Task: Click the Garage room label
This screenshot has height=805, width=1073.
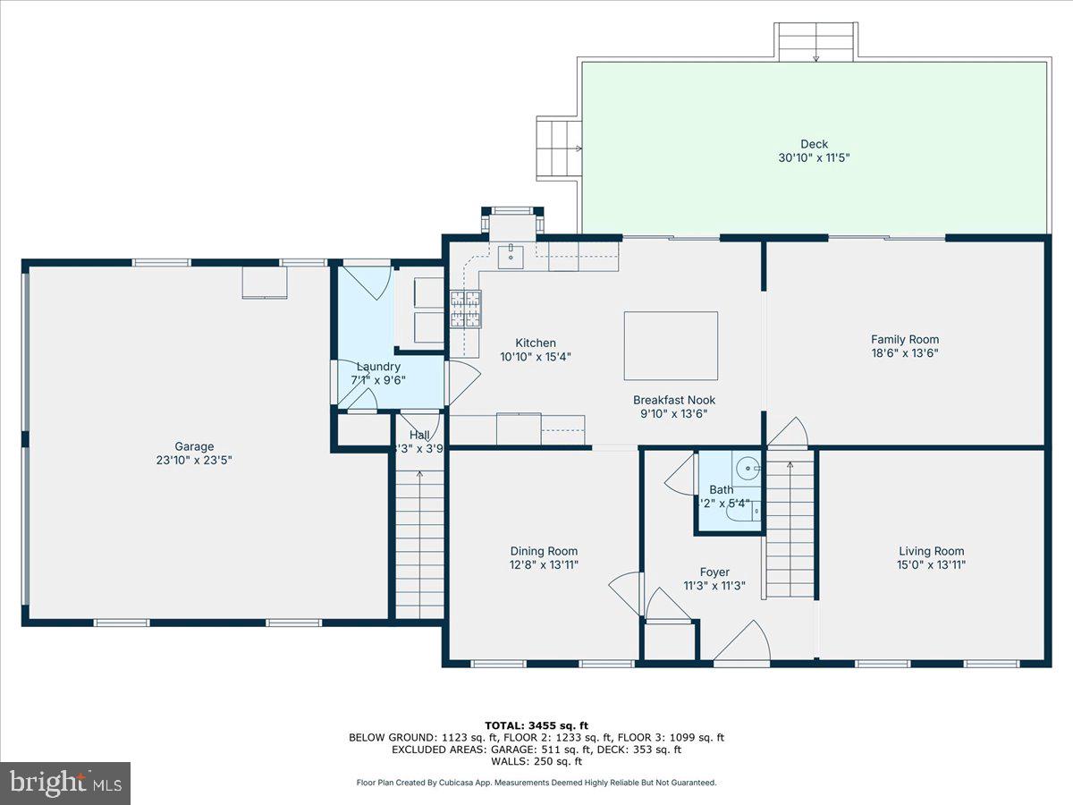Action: tap(194, 446)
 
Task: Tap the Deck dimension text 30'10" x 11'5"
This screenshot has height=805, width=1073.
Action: tap(814, 157)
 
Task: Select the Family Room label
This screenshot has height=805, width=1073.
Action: tap(905, 339)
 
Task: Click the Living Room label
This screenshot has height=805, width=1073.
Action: tap(931, 551)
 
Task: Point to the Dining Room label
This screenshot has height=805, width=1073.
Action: tap(544, 551)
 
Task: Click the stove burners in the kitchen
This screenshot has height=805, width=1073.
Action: tap(465, 309)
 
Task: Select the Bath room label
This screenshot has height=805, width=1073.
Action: tap(721, 489)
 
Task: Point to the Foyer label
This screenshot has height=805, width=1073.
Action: tap(714, 572)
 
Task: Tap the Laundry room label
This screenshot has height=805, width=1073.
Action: tap(378, 367)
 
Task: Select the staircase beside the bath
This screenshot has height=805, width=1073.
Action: tap(790, 528)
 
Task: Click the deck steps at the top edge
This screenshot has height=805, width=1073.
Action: tap(815, 42)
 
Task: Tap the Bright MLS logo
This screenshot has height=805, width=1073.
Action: tap(65, 783)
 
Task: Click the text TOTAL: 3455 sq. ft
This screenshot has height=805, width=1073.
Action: tap(536, 725)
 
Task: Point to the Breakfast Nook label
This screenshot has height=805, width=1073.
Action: tap(674, 400)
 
